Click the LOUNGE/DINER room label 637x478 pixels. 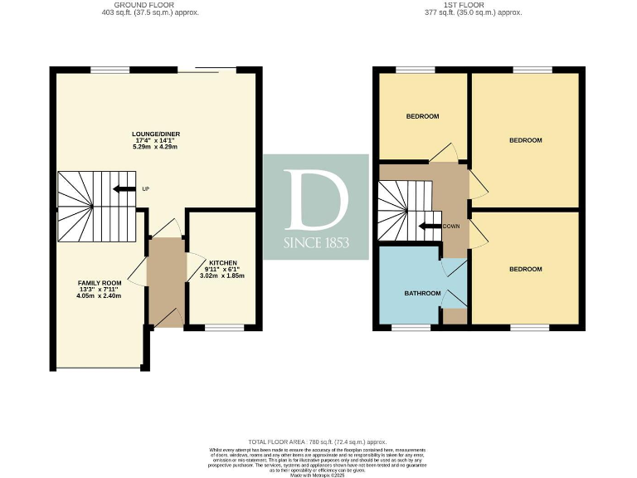(157, 134)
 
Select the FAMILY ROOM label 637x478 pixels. (100, 283)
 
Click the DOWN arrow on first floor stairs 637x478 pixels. (431, 225)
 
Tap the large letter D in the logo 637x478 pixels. (316, 200)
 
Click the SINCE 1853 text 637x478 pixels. (316, 243)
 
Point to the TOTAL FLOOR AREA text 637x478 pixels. (318, 441)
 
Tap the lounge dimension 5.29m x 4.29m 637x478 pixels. (157, 147)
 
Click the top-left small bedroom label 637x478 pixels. (422, 116)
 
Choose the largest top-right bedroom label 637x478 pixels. (525, 140)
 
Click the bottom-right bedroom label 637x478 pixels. (525, 269)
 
